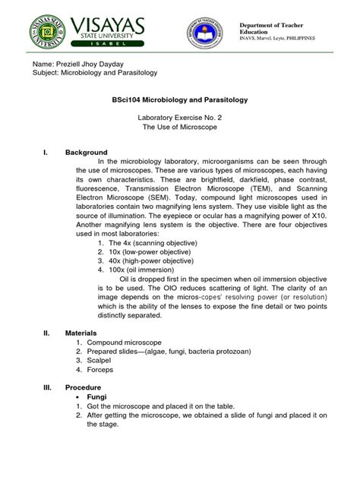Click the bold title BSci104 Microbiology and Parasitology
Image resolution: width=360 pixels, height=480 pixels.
click(180, 100)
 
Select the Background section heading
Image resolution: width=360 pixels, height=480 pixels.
click(86, 152)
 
